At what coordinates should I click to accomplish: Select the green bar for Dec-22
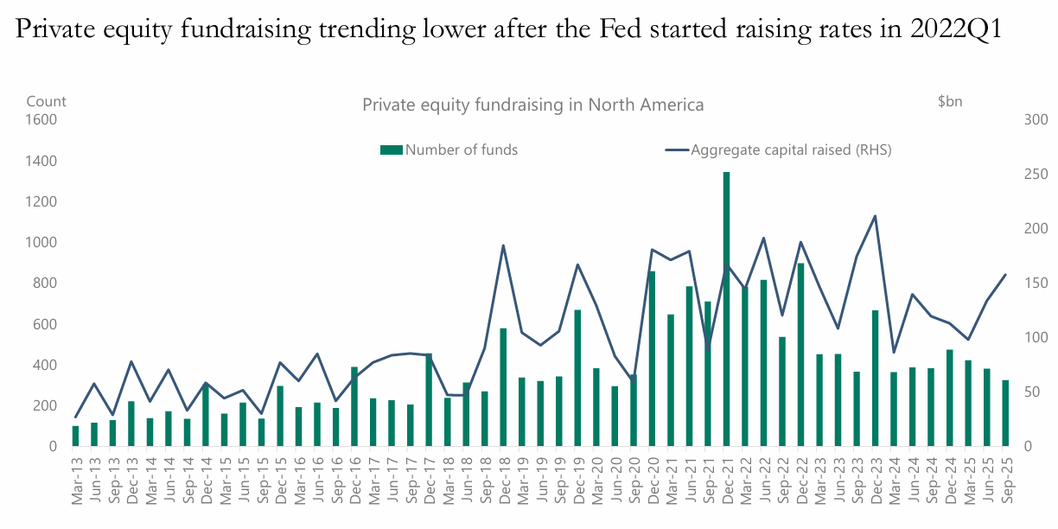[x=800, y=354]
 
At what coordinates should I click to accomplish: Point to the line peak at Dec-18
[x=503, y=245]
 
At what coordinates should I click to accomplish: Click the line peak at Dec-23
[x=875, y=216]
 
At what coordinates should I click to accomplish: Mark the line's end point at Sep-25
[x=1005, y=275]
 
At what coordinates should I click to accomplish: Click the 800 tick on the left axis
[x=46, y=284]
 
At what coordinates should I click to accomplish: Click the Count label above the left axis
[x=46, y=101]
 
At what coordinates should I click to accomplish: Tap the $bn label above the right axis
[x=950, y=101]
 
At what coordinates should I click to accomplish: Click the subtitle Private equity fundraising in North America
[x=532, y=105]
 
